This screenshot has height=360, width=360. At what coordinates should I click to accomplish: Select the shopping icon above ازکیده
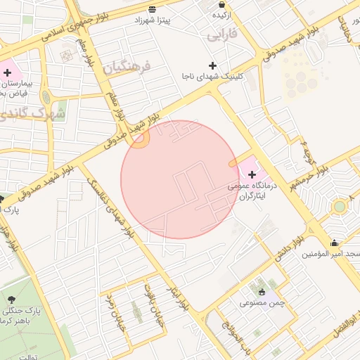[x=221, y=4]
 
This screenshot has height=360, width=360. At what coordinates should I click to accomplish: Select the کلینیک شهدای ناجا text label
[x=212, y=77]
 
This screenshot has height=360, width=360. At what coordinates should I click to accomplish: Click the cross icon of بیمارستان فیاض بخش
[x=8, y=72]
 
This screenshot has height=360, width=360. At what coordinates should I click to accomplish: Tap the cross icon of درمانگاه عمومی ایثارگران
[x=252, y=174]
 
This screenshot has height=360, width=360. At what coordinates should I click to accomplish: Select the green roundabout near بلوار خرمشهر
[x=340, y=206]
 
